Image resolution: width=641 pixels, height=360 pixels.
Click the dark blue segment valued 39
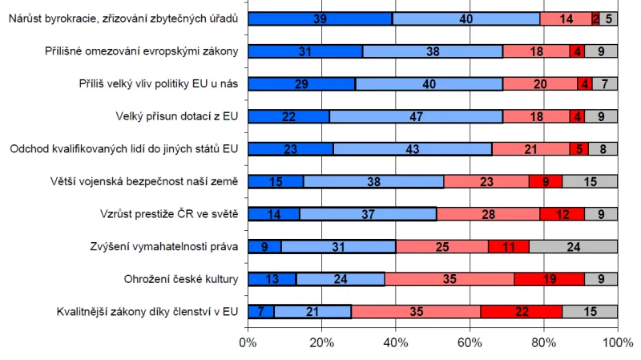click(x=320, y=18)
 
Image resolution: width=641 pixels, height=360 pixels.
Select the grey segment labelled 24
click(x=573, y=246)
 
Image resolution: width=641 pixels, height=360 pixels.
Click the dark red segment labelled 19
click(x=549, y=279)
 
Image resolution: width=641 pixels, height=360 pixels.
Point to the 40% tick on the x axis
click(x=396, y=343)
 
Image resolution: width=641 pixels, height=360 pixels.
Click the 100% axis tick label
click(x=616, y=343)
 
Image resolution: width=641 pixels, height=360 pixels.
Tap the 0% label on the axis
click(x=248, y=343)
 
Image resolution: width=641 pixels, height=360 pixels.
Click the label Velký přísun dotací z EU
click(x=176, y=116)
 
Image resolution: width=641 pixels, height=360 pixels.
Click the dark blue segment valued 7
click(x=261, y=311)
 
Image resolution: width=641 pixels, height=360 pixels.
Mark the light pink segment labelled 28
click(x=488, y=214)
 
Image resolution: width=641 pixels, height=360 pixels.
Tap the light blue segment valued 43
click(x=412, y=148)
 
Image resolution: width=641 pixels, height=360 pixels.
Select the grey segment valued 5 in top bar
click(x=608, y=18)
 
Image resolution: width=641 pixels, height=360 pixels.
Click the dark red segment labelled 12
click(x=562, y=214)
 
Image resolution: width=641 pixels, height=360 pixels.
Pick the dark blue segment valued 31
click(x=305, y=51)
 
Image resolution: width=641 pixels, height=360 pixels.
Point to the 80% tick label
click(x=543, y=343)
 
